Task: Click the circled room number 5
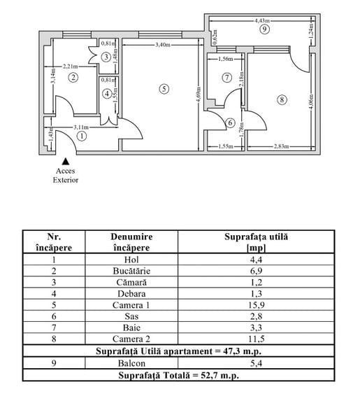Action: coord(163,89)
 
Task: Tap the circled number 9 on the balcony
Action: coord(263,30)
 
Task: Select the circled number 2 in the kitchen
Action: coord(73,78)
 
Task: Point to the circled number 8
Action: coord(282,100)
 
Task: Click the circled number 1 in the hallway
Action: coord(82,136)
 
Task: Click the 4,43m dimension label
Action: coord(264,21)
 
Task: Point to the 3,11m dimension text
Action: coord(83,127)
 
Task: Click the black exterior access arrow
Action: coord(66,161)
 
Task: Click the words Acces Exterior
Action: coord(66,175)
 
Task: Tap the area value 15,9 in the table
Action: coord(257,305)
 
